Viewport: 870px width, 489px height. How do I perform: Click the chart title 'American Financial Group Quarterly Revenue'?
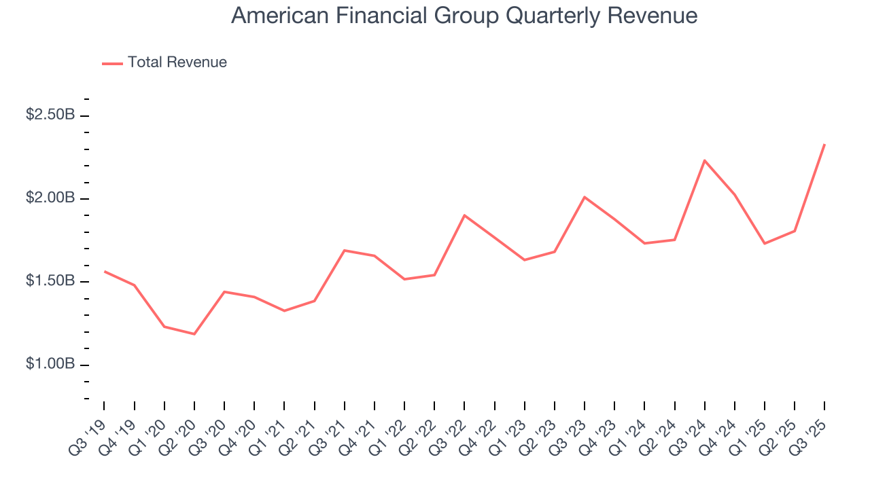464,16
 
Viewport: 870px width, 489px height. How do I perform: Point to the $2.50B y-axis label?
50,115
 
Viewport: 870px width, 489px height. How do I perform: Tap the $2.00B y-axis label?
50,198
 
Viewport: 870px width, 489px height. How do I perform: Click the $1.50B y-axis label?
50,281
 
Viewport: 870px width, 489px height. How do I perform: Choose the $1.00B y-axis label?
50,365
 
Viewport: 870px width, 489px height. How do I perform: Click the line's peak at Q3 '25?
824,144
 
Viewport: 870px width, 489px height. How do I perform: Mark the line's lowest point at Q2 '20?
194,334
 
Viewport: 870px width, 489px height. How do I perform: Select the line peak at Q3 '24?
705,160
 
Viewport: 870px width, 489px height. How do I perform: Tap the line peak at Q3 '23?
585,197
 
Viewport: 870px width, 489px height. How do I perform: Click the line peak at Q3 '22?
464,215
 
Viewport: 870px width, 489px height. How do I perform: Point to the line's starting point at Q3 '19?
105,271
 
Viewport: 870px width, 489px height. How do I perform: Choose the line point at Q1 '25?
765,243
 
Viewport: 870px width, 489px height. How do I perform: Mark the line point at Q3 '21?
345,251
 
